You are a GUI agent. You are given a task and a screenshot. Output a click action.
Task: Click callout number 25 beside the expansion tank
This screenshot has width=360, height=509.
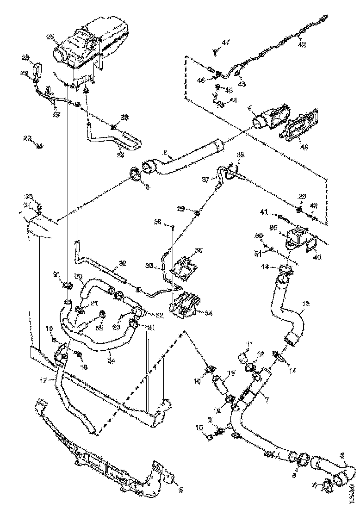coord(50,37)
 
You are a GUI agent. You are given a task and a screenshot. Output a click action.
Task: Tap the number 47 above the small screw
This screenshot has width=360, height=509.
coord(225,43)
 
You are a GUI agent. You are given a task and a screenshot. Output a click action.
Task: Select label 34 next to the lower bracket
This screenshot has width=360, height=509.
coord(209,313)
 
